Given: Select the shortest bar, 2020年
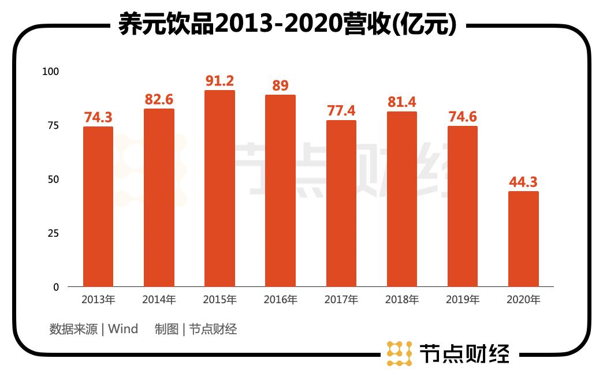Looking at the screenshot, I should click(x=523, y=239).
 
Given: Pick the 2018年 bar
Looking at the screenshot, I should click(x=401, y=199).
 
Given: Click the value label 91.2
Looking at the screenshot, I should click(x=219, y=81).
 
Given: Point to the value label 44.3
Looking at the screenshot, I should click(x=523, y=182).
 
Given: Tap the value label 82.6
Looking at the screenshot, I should click(x=159, y=99).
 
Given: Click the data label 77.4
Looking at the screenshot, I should click(x=341, y=111).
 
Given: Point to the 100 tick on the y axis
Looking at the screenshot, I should click(x=51, y=72).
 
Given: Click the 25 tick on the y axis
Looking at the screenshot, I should click(x=53, y=233).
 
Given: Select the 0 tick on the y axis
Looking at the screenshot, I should click(x=56, y=287).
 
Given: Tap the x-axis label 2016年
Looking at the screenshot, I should click(x=280, y=300).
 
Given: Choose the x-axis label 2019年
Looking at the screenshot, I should click(x=463, y=300).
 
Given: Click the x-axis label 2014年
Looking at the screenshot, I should click(x=159, y=300).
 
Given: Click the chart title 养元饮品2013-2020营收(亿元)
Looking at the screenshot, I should click(x=288, y=24).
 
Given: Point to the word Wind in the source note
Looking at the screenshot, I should click(x=123, y=329).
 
